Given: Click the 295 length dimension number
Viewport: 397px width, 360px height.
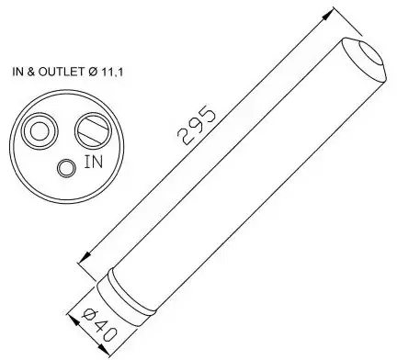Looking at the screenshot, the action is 197,125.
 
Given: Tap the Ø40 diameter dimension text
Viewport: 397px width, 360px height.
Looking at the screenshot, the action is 100,326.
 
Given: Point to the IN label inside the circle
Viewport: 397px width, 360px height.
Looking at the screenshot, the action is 94,162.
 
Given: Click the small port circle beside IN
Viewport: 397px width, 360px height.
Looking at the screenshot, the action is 67,168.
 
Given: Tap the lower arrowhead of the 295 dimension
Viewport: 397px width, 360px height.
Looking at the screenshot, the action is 85,258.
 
